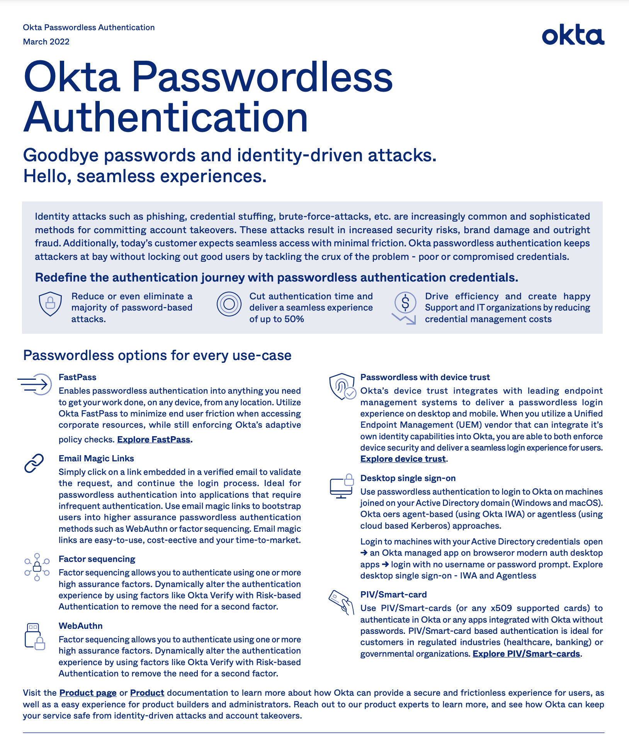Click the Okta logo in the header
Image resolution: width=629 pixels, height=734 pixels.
pyautogui.click(x=573, y=36)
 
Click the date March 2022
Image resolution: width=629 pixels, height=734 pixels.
pyautogui.click(x=46, y=42)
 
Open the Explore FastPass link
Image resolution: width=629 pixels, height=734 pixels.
pyautogui.click(x=153, y=439)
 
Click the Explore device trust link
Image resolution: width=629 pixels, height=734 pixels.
pyautogui.click(x=403, y=459)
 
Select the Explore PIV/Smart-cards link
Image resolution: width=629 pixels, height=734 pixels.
pyautogui.click(x=526, y=654)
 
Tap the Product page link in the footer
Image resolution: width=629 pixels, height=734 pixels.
pyautogui.click(x=88, y=693)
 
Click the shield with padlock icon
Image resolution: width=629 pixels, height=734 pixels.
pyautogui.click(x=50, y=304)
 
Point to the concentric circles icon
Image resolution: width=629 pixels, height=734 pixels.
pyautogui.click(x=229, y=304)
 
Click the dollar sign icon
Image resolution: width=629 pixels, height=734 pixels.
pyautogui.click(x=405, y=306)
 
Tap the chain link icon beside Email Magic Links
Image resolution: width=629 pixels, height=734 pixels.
pyautogui.click(x=34, y=463)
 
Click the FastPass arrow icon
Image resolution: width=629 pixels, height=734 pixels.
pyautogui.click(x=36, y=384)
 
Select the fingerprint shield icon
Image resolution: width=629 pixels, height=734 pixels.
pyautogui.click(x=342, y=386)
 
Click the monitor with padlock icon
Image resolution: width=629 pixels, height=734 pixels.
pyautogui.click(x=342, y=486)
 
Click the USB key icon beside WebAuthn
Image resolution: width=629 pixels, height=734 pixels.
pyautogui.click(x=34, y=636)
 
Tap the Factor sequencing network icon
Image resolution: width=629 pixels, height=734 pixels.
pyautogui.click(x=37, y=567)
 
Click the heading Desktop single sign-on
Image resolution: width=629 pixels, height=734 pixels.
pyautogui.click(x=408, y=478)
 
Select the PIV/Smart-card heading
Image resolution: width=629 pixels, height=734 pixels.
pyautogui.click(x=393, y=594)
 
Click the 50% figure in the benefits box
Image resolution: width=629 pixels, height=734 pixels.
pyautogui.click(x=293, y=319)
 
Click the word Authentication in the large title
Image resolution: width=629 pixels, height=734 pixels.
pyautogui.click(x=166, y=117)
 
